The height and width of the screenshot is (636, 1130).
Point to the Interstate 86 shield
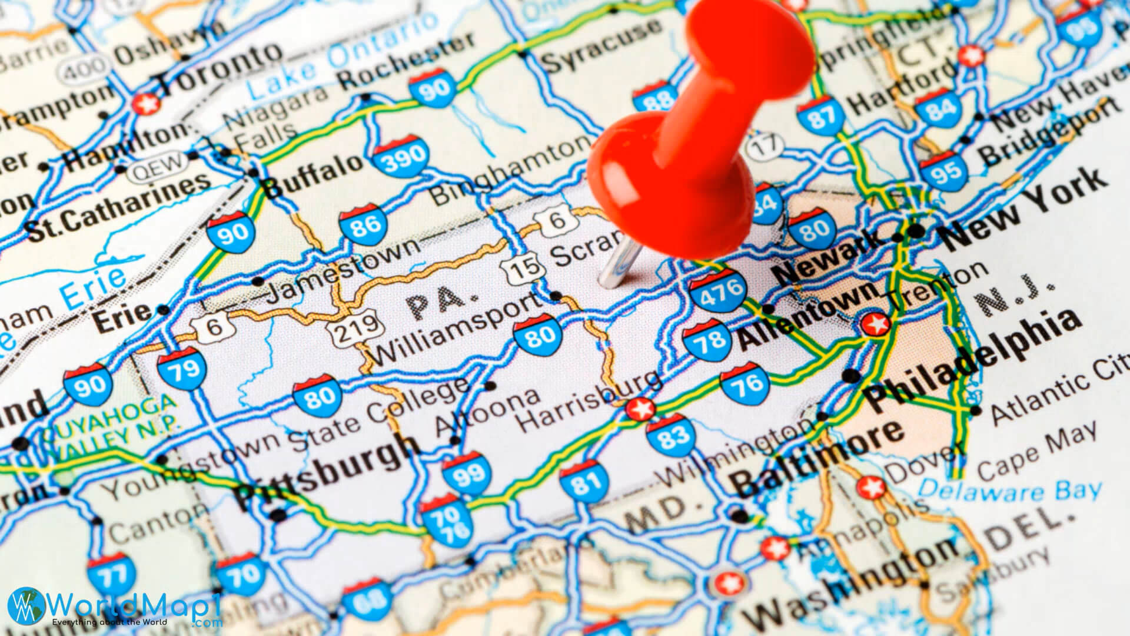(364, 224)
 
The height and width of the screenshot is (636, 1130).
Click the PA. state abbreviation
(436, 302)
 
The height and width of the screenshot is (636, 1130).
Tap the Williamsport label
(457, 330)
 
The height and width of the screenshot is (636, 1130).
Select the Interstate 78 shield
(708, 340)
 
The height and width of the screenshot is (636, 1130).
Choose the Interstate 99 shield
(467, 472)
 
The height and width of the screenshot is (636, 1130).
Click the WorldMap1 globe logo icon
(27, 607)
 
